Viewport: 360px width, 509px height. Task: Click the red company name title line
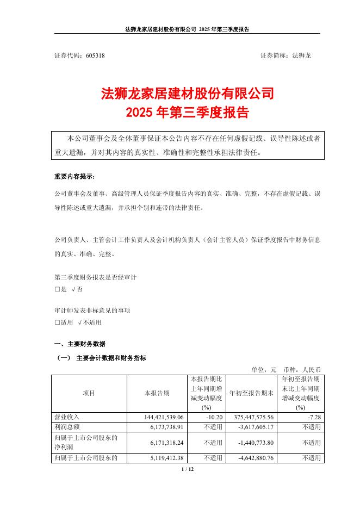188,94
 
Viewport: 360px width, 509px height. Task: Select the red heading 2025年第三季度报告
188,113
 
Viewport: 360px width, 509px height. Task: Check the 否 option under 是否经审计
76,290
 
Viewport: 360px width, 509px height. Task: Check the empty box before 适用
58,322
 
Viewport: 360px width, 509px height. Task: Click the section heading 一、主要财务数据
80,344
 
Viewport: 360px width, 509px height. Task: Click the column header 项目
89,393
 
